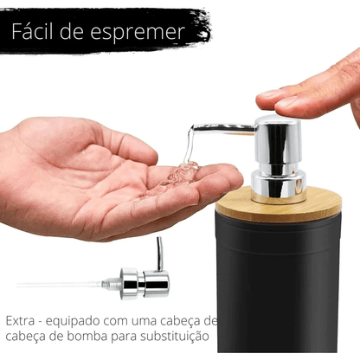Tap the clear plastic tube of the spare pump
[x=61, y=283]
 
